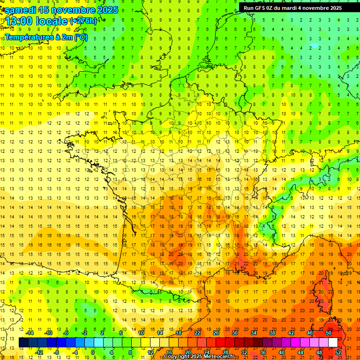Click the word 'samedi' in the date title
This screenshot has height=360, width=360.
click(21, 10)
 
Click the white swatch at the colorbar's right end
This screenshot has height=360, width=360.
click(333, 343)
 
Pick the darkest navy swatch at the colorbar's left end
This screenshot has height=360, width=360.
click(23, 343)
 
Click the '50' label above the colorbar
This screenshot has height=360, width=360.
click(328, 333)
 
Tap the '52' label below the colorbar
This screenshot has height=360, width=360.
click(338, 352)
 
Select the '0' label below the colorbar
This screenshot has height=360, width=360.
click(93, 352)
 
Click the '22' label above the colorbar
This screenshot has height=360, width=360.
click(197, 333)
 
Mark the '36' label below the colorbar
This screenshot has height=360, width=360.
click(263, 352)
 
